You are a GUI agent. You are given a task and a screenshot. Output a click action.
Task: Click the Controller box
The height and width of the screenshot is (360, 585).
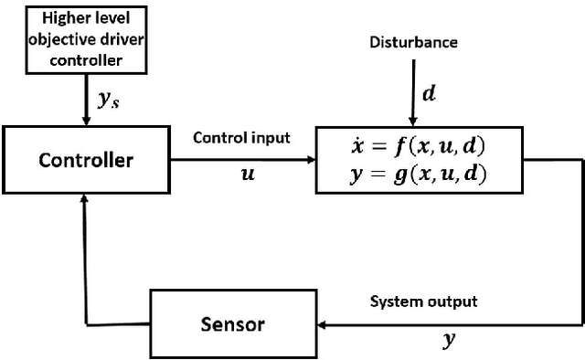pos(86,161)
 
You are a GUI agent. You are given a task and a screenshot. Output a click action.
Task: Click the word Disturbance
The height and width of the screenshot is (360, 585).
pos(414,43)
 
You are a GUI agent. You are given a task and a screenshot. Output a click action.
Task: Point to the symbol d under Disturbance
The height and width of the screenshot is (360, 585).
pos(428,94)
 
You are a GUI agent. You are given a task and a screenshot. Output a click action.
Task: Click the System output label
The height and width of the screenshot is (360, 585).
pos(423,301)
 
